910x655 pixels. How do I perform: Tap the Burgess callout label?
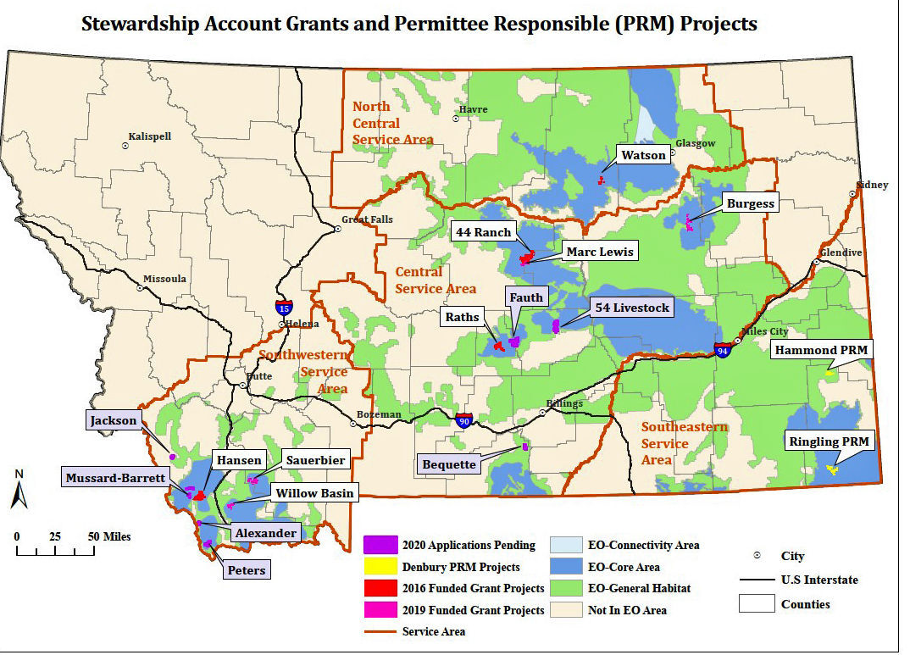point(750,203)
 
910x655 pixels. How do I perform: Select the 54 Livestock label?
point(631,308)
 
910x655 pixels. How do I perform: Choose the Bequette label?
point(449,463)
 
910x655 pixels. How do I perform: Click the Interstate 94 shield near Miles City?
point(722,349)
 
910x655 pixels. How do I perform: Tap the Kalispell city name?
point(149,136)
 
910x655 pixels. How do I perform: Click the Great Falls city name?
point(367,219)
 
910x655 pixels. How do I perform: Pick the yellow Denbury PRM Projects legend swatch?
point(380,567)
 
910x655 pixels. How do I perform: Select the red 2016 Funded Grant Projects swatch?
point(380,588)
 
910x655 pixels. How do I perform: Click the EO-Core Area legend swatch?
point(566,567)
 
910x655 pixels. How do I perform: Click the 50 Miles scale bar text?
point(108,536)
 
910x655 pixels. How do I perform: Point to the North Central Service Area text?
point(391,123)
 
